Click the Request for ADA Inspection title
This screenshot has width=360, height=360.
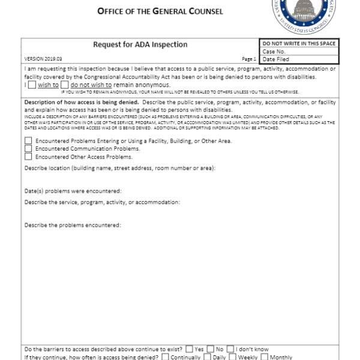point(140,44)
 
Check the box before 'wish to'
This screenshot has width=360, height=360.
point(32,85)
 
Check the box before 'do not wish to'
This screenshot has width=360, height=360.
point(65,85)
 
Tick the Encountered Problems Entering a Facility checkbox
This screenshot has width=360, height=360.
point(28,141)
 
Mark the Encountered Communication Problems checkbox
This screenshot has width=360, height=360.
point(28,148)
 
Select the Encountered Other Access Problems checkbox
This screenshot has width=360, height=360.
point(28,156)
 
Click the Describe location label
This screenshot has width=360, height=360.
point(120,168)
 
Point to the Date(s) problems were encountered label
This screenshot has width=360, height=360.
point(73,190)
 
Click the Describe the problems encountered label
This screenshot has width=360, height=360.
point(73,225)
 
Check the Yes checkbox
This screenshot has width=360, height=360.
point(189,349)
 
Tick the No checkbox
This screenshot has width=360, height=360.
point(211,349)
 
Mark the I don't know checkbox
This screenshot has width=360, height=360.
point(230,349)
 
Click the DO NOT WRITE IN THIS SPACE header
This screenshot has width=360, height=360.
point(299,44)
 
